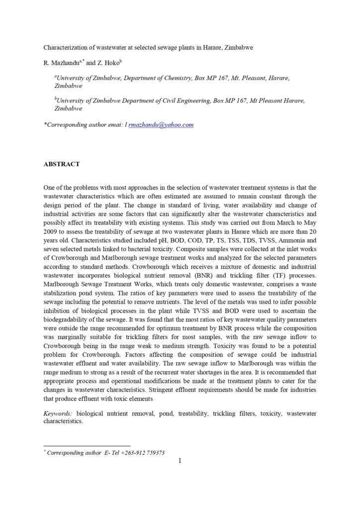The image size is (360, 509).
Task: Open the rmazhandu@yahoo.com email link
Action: [x=161, y=125]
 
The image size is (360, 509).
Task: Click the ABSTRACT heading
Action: [x=62, y=164]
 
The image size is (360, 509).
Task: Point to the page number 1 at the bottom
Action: [x=180, y=461]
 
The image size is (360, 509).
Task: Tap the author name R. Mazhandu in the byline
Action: [x=63, y=63]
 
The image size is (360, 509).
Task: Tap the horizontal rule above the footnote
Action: [x=87, y=446]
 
